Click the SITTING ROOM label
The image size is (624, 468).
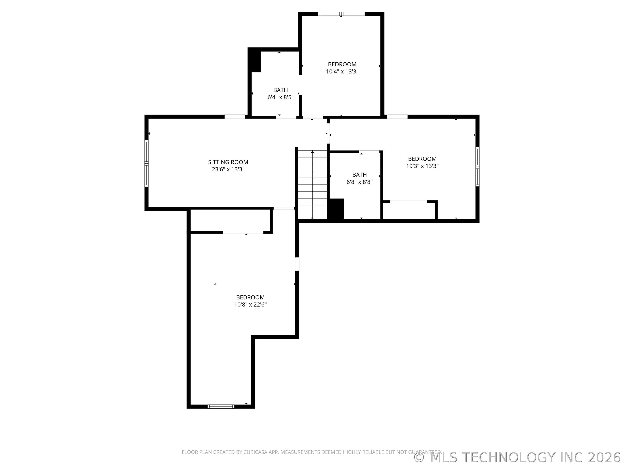coord(228,162)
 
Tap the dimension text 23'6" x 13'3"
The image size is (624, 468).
coord(228,169)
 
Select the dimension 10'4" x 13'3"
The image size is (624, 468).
coord(342,71)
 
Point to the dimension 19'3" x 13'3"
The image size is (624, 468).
coord(422,166)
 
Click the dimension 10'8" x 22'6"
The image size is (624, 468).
coord(250,304)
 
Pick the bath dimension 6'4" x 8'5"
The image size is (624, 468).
coord(280,97)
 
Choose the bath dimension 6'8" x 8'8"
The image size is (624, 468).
coord(359,182)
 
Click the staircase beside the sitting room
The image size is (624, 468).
coord(312,185)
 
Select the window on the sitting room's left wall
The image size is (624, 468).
coord(146,163)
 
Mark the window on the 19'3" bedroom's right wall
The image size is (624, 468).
coord(477,166)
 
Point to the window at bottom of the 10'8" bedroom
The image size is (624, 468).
coord(221,406)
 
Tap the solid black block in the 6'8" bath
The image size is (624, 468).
coord(336,209)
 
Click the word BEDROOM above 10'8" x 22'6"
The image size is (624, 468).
coord(250,297)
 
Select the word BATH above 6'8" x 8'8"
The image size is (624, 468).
coord(359,175)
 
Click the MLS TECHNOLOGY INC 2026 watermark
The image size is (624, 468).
coord(518,457)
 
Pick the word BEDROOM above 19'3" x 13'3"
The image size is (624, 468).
coord(422,159)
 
